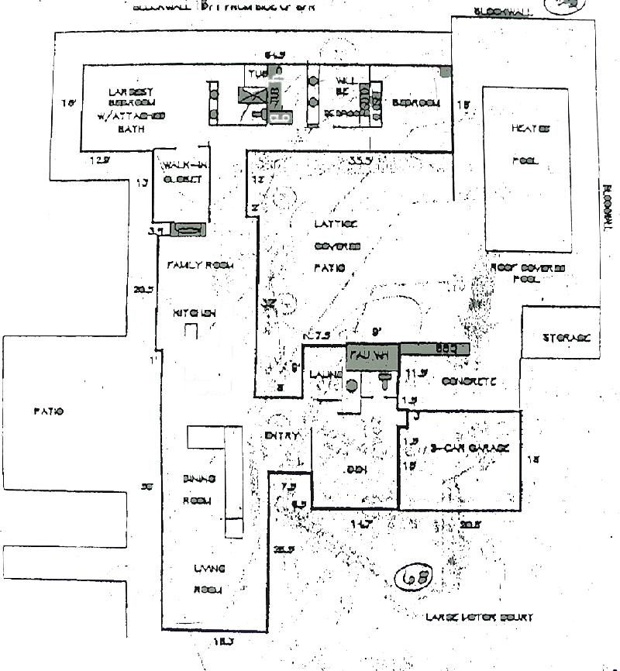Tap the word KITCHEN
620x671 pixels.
click(194, 313)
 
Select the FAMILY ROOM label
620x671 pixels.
click(201, 265)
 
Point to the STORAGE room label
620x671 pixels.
click(567, 338)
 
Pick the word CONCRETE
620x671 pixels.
click(468, 382)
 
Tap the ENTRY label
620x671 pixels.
click(282, 436)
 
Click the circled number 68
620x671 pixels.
click(413, 577)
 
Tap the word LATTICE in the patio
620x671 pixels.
click(336, 224)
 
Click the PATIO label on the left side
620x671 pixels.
click(48, 411)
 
